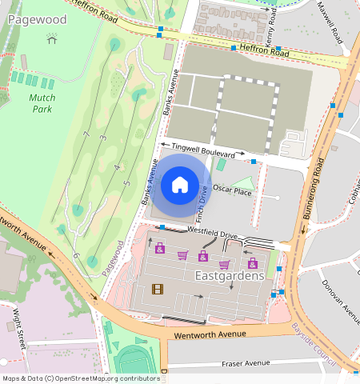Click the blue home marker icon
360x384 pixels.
[180, 186]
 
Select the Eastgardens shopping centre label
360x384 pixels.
[229, 275]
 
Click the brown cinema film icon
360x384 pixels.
[157, 288]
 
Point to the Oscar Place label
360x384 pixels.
[232, 192]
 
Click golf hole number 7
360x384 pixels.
[85, 134]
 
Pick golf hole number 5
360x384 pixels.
[126, 184]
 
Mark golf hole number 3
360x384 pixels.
[103, 139]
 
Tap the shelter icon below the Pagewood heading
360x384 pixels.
[52, 38]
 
